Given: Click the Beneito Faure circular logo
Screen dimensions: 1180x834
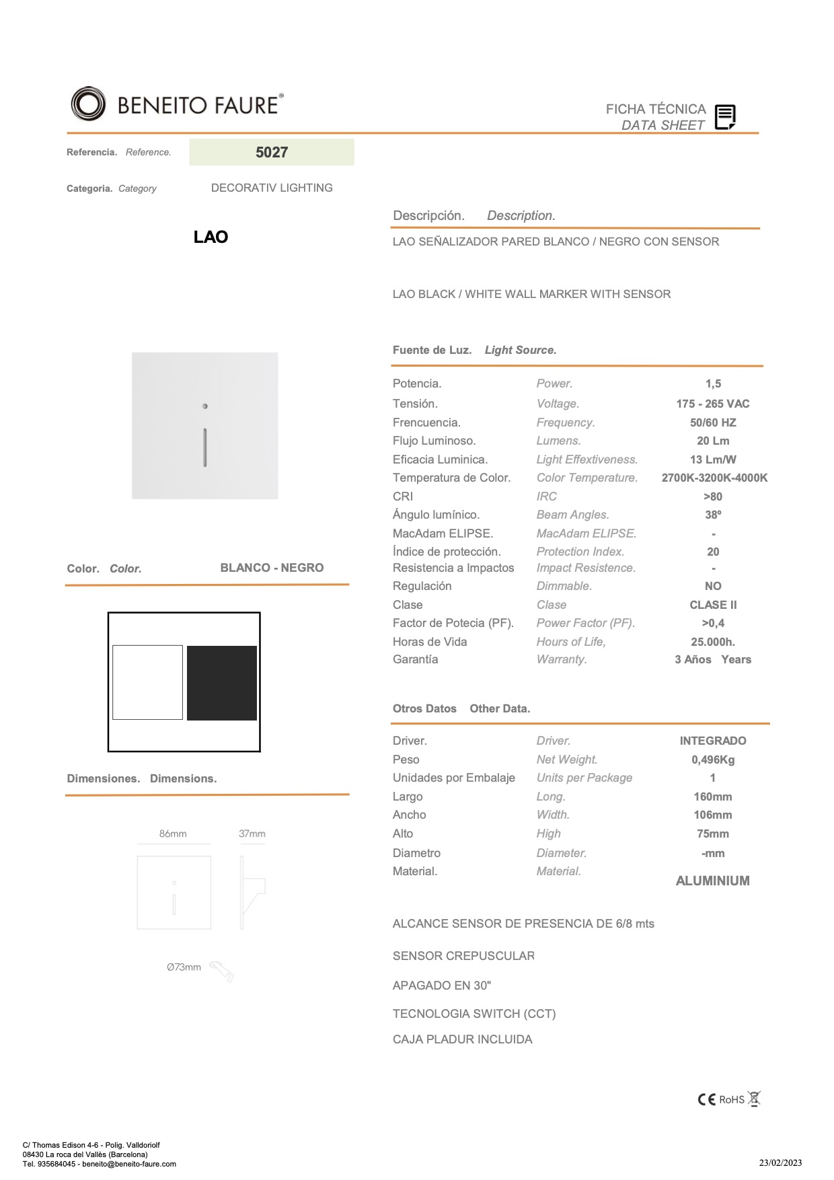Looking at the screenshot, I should [89, 104].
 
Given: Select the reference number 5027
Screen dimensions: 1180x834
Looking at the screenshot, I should [272, 153].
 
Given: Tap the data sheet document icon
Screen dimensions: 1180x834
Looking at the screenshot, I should [725, 117].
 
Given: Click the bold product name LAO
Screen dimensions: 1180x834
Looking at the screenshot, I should [211, 237].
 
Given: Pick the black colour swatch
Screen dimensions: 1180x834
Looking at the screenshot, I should [222, 683].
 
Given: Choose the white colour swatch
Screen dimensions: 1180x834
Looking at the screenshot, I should [148, 683].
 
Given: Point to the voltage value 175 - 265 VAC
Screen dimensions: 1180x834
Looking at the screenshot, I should [713, 404].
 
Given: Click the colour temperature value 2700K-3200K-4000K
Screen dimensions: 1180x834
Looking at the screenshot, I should [714, 478].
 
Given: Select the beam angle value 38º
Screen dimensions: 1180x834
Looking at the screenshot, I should [713, 515].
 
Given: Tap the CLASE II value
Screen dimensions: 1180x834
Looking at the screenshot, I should [713, 605].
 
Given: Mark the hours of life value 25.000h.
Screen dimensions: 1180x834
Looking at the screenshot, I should [713, 642].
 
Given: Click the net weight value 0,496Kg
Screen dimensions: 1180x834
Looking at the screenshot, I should [713, 760].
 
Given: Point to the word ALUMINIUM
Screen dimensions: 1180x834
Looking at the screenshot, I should [712, 881].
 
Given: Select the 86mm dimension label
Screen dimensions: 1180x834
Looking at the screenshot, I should [173, 834].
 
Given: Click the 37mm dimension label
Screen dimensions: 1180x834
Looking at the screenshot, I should [252, 834].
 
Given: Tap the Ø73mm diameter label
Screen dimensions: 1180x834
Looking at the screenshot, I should [184, 967].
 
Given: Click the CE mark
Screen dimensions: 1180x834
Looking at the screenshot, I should [706, 1099].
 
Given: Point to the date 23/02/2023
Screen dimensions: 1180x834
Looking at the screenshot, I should [780, 1163].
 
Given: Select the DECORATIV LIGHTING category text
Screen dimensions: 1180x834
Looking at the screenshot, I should [272, 188].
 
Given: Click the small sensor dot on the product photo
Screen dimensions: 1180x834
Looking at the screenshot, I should [205, 406].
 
